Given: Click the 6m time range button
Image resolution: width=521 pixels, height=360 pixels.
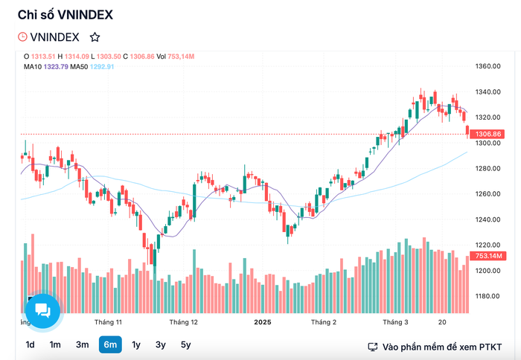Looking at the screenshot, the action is pos(110,344).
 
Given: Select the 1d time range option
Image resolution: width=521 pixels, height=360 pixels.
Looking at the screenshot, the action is pos(30,344).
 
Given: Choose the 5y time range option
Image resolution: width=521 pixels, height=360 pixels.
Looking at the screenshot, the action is pos(186,345).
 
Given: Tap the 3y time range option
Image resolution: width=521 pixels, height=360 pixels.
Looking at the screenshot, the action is pos(161,345).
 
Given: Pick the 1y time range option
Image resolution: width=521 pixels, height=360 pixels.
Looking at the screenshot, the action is pos(136,345).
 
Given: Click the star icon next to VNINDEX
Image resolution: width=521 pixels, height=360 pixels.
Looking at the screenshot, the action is pos(95,37).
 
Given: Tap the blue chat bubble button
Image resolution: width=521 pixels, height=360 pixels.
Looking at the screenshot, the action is pos(42,311).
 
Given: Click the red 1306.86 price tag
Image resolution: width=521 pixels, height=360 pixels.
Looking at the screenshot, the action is pos(487,134).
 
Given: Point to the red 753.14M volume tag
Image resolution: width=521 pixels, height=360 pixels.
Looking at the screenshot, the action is pos(488,256).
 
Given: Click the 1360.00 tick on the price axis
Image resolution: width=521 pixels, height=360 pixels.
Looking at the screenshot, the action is pos(488,66).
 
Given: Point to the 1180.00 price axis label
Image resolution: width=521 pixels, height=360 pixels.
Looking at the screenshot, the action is pos(488,296).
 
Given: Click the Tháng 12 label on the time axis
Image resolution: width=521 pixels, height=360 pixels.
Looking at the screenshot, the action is pos(183,322).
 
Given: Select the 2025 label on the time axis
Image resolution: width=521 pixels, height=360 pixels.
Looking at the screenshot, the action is pos(263,322).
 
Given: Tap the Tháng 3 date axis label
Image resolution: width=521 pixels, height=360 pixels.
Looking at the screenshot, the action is pos(395,322).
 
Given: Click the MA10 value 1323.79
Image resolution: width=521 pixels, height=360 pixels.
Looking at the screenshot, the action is pos(56,67).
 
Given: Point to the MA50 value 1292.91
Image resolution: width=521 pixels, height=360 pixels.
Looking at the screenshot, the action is pos(102,67).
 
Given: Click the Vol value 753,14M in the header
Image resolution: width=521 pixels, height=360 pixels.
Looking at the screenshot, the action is pos(181,57).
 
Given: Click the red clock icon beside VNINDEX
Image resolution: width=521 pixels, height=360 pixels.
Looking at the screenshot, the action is pos(22,36).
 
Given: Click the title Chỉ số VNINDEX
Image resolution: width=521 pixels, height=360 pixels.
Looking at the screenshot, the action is pos(65,15).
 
